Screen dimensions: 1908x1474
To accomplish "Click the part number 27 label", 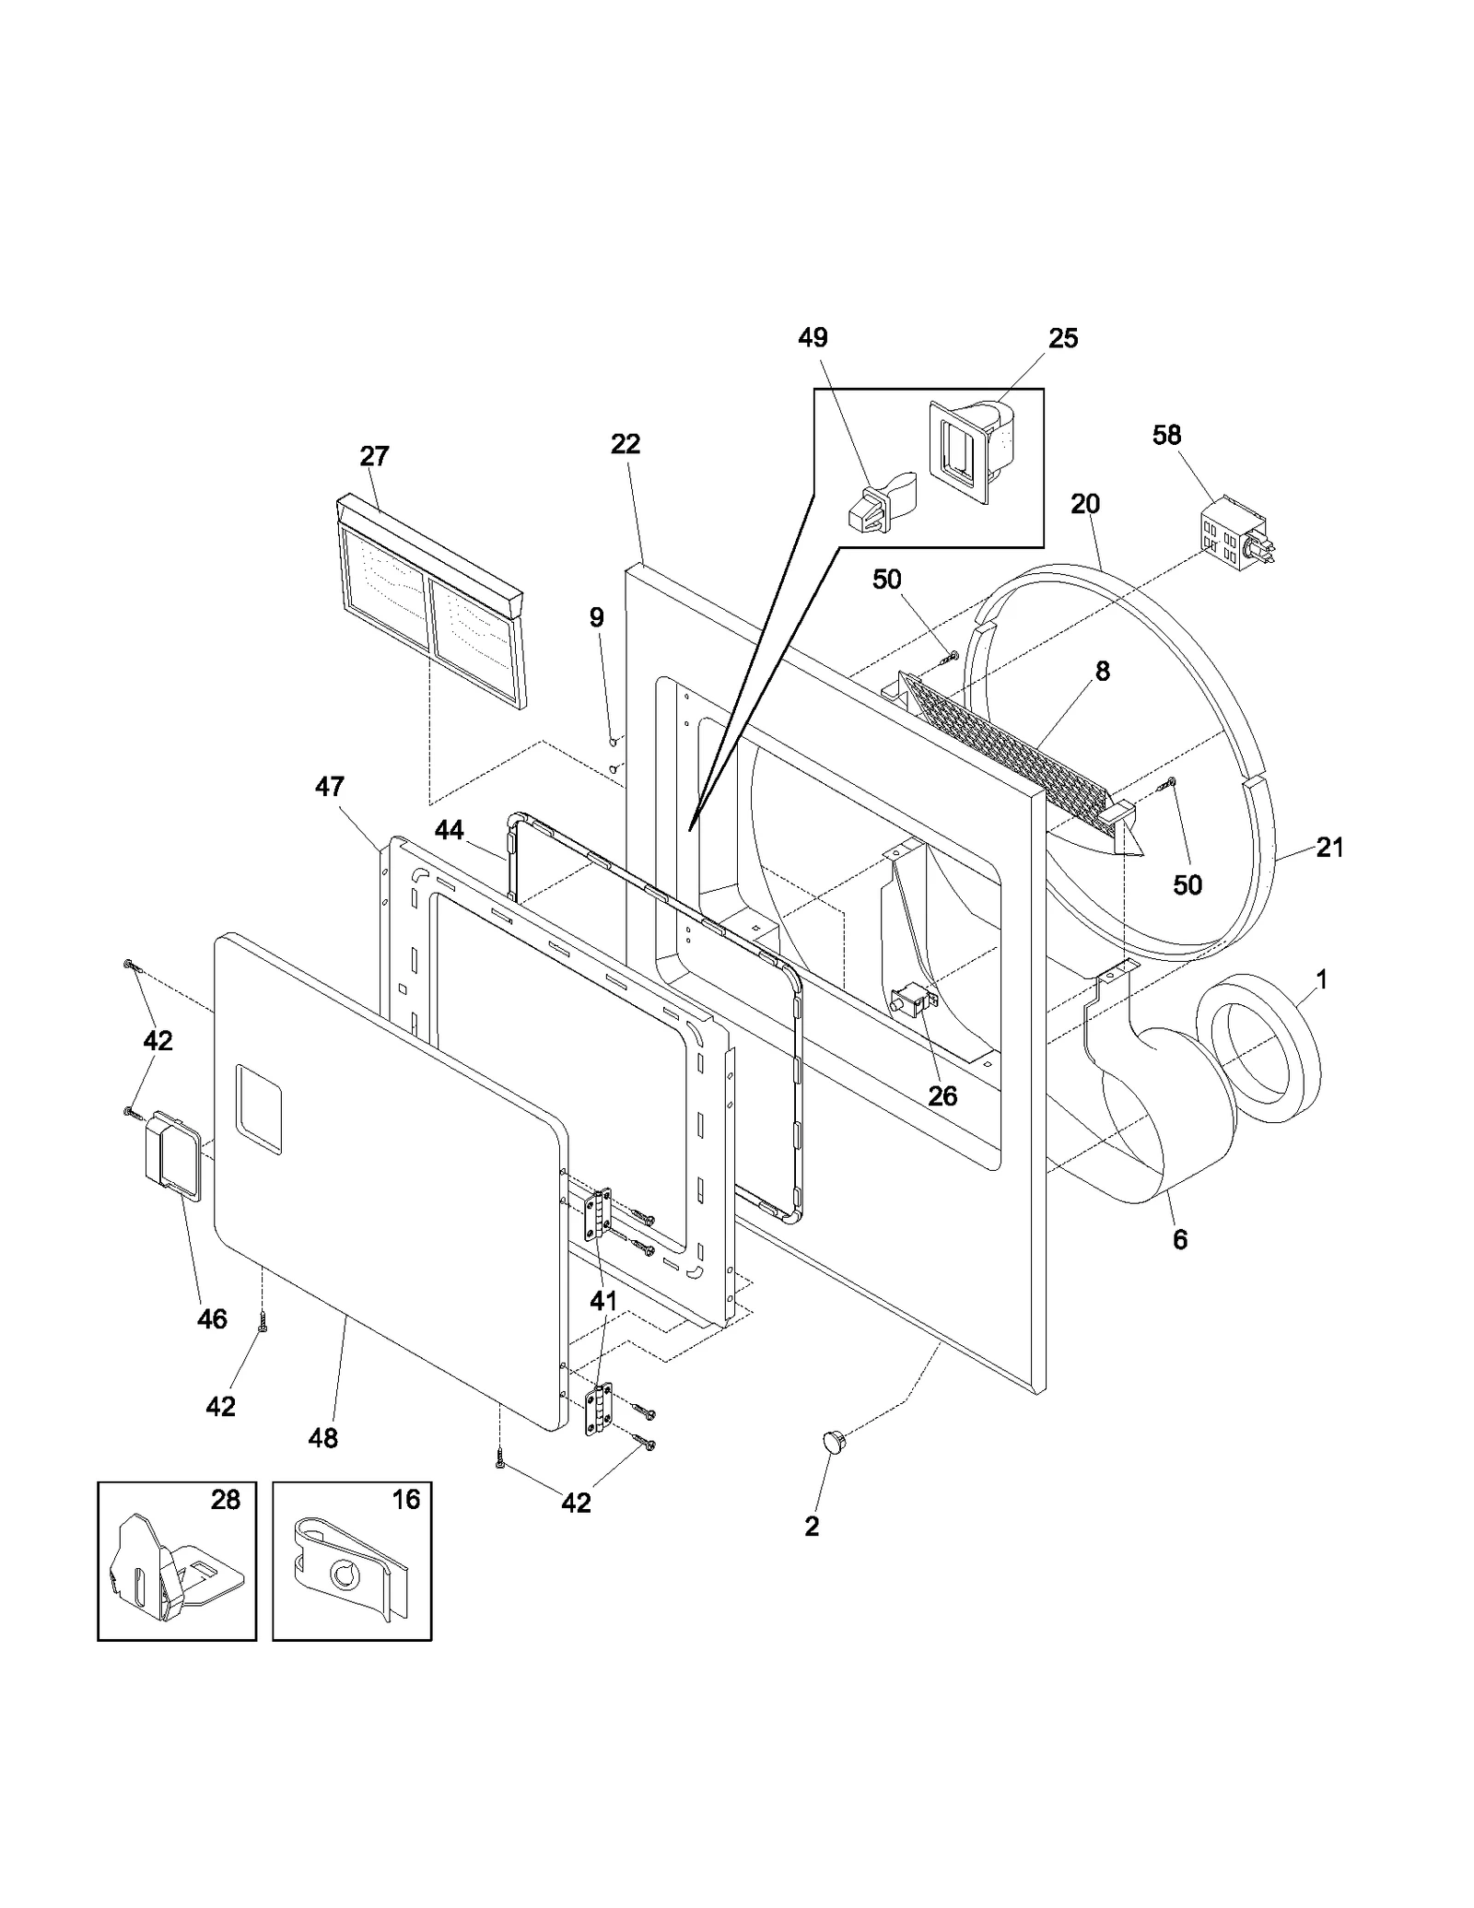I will click(x=375, y=457).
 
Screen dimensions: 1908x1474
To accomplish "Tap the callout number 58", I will click(x=1166, y=435).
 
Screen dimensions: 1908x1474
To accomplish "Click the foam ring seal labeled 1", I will click(x=1258, y=1048).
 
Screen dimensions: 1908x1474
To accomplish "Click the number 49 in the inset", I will click(x=813, y=338).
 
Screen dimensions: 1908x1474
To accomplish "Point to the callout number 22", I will click(x=626, y=444).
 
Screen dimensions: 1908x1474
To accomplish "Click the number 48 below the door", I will click(x=323, y=1438).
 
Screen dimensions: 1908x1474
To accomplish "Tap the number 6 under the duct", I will click(x=1180, y=1240).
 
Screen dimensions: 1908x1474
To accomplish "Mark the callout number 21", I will click(x=1329, y=848).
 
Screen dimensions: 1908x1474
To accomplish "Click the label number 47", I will click(x=330, y=787).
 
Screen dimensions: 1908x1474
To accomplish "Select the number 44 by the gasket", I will click(x=450, y=830).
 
